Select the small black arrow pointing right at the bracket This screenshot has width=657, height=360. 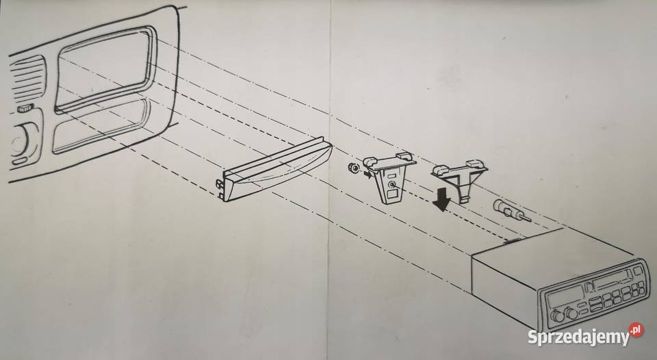point(367,174)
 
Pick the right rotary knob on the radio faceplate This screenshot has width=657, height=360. point(571,312)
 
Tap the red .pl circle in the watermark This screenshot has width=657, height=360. point(636,330)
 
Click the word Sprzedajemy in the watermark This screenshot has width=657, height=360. point(579,337)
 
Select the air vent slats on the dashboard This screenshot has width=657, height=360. point(27,79)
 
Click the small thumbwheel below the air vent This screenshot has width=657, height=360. point(25,109)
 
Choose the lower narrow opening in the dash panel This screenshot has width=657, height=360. point(100,126)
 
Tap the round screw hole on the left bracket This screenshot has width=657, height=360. point(391,184)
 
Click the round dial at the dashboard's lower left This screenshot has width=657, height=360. point(20,140)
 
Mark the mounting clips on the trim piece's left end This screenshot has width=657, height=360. point(220,189)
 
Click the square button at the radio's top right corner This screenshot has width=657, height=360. point(641,284)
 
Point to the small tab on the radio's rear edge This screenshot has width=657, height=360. point(512,240)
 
